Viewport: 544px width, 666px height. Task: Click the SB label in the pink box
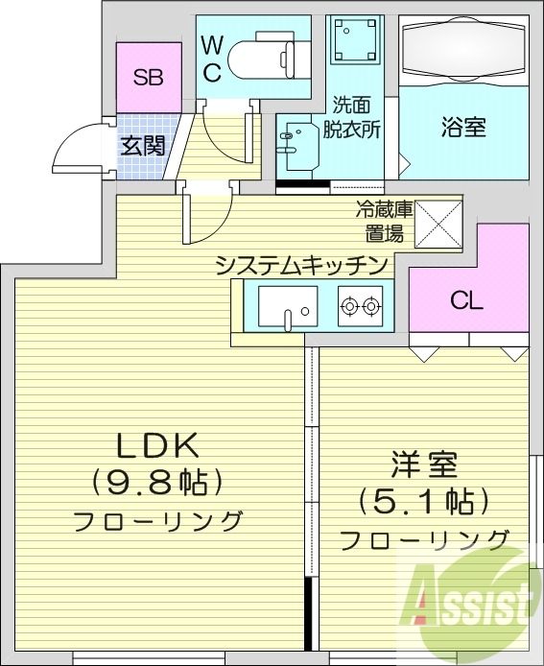(148, 78)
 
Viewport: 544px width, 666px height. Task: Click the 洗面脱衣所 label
(357, 115)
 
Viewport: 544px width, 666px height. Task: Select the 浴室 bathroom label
(462, 127)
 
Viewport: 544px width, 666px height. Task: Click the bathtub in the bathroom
(463, 50)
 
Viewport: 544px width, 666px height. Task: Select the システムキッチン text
(301, 264)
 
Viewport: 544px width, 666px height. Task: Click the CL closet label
(467, 300)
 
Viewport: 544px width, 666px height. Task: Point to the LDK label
(157, 445)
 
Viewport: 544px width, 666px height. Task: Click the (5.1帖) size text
(423, 501)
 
